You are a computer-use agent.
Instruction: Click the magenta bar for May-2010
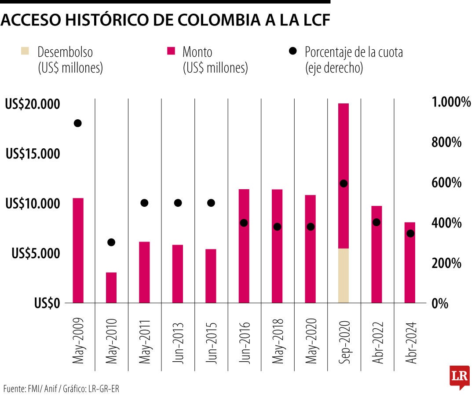click(111, 288)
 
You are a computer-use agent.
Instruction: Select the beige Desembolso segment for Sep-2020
click(343, 275)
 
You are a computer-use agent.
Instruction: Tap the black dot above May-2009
click(78, 123)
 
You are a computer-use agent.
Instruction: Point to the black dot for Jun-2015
click(211, 203)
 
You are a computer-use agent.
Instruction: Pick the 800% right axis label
click(447, 143)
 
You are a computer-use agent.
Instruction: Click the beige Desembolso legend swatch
click(25, 51)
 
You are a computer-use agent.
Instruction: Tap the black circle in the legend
click(292, 51)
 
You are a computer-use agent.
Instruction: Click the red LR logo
click(459, 376)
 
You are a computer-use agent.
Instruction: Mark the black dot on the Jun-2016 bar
click(244, 223)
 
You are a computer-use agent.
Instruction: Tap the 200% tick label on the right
click(447, 264)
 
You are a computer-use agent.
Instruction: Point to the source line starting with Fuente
click(61, 389)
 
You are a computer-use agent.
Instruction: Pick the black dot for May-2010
click(111, 242)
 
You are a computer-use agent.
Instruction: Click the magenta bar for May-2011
click(145, 272)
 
